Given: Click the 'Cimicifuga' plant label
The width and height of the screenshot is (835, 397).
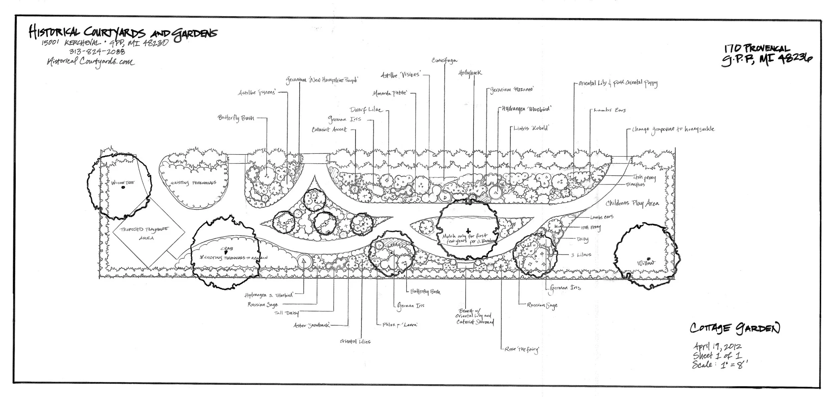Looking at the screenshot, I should click(x=444, y=61).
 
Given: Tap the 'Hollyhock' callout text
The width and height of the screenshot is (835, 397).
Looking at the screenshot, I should click(x=470, y=73).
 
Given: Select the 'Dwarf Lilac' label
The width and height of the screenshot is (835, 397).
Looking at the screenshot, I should click(x=365, y=110).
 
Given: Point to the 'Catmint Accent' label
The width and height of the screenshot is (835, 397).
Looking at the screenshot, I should click(x=329, y=129).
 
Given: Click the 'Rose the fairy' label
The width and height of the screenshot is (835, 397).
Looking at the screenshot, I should click(x=521, y=349).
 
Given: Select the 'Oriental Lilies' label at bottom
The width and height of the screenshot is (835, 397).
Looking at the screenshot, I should click(x=355, y=341).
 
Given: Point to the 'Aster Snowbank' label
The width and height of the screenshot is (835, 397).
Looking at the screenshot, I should click(x=311, y=325).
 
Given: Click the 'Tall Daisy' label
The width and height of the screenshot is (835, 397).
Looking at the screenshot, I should click(x=286, y=313).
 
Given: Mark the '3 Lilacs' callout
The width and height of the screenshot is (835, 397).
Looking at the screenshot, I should click(x=581, y=255).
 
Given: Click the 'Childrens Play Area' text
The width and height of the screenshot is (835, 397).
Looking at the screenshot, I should click(x=632, y=203).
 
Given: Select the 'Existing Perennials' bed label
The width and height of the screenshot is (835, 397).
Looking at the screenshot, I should click(x=193, y=183).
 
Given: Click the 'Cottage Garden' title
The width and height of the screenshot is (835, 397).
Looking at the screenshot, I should click(x=734, y=329).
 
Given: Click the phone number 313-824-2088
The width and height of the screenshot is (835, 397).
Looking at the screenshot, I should click(x=97, y=51).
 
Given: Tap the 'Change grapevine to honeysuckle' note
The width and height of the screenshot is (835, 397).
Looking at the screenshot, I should click(x=673, y=129).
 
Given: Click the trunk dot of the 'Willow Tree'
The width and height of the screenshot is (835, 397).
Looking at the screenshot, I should click(x=123, y=188).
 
